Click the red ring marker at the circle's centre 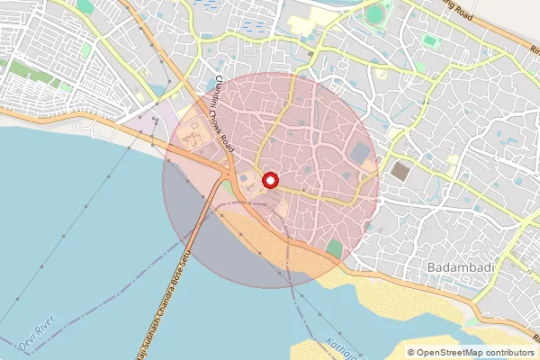270,181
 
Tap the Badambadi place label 456,269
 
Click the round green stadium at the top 375,14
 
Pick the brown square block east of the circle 400,171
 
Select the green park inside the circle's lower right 334,247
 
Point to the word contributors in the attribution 504,353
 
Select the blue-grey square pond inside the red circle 361,154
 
